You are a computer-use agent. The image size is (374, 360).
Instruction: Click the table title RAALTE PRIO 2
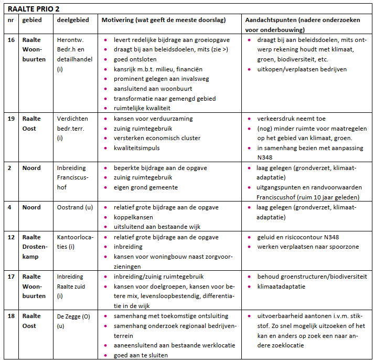click(x=34, y=9)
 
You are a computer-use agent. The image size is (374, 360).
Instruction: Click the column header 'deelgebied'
click(x=73, y=20)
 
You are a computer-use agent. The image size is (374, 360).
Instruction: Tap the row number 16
click(x=11, y=40)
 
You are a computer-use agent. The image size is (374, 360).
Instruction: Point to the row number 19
click(x=11, y=119)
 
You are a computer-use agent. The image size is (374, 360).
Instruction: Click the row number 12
click(x=11, y=237)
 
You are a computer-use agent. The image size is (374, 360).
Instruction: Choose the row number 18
click(x=11, y=316)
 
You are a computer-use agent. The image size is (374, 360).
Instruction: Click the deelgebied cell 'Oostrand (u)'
click(x=75, y=207)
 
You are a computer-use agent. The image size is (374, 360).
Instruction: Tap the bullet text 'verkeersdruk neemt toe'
click(x=291, y=119)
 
